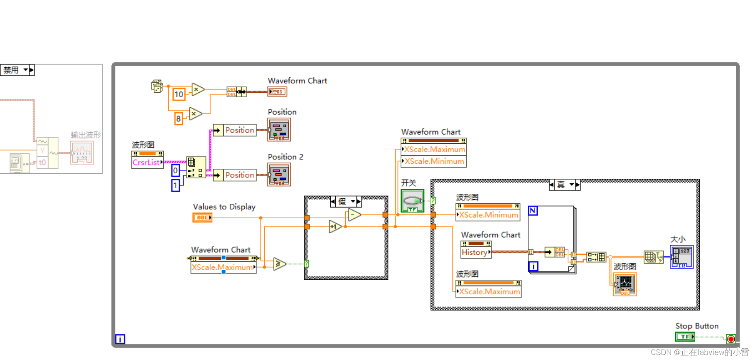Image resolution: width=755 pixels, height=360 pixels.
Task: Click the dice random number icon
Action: point(157,86)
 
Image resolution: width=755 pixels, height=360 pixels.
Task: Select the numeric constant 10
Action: point(179,94)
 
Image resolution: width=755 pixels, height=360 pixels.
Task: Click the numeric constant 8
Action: point(178,119)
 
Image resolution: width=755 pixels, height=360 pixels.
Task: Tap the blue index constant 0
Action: point(175,170)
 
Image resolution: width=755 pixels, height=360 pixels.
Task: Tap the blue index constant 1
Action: point(175,185)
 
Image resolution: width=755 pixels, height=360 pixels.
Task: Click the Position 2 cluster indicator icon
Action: point(279,175)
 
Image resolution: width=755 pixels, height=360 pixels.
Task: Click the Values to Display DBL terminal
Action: point(202,217)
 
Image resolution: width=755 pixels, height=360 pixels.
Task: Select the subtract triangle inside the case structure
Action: point(354,215)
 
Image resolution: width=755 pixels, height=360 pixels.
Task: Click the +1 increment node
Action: point(334,227)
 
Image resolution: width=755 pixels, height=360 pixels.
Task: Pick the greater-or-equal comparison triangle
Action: point(280,264)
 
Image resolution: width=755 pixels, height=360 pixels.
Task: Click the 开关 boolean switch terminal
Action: point(412,201)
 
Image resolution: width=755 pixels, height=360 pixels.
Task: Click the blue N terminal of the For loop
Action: point(533,211)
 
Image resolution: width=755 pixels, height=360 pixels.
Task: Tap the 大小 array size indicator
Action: point(681,256)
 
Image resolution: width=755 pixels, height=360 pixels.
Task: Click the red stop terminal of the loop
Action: point(731,339)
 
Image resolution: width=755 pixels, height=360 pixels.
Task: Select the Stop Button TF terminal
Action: point(685,337)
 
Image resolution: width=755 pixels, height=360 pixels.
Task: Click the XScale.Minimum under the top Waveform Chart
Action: point(434,161)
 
